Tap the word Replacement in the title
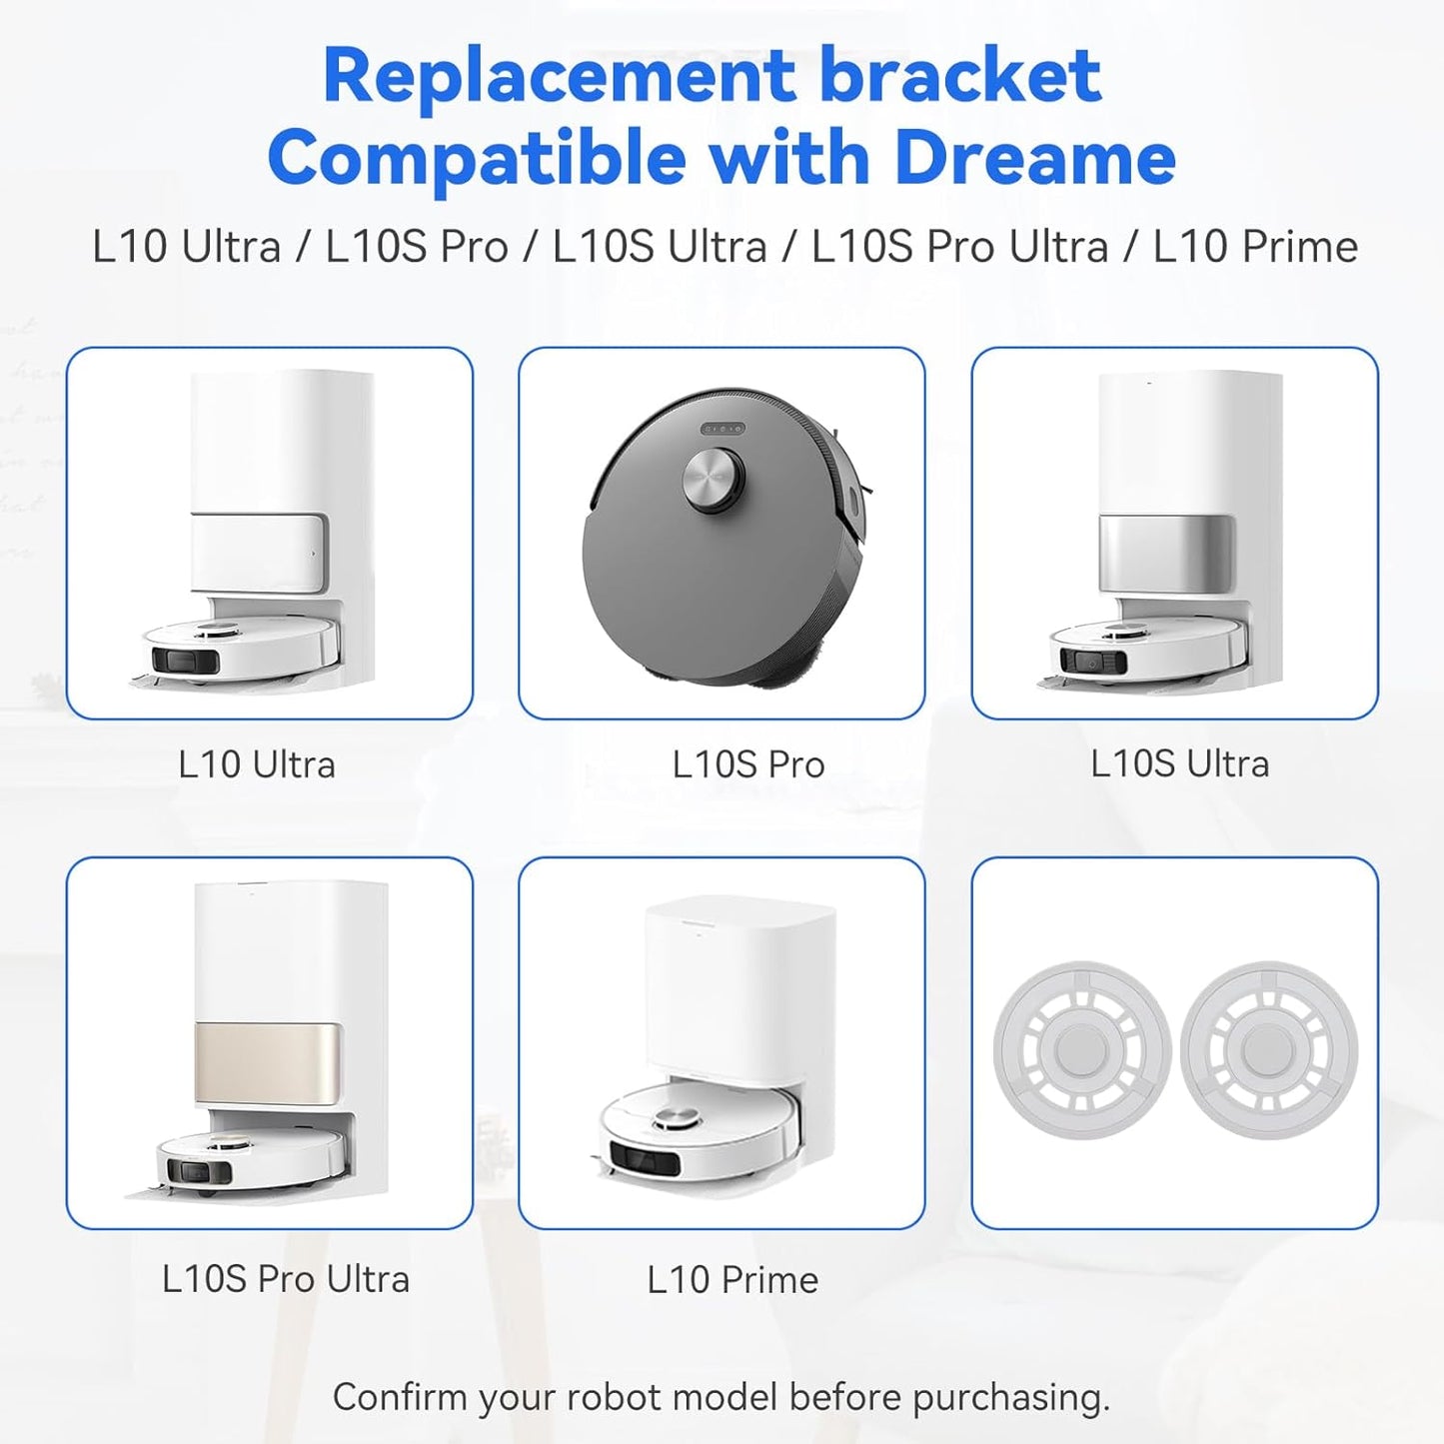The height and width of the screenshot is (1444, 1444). pos(559,76)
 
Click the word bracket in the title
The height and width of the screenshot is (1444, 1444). pos(960,76)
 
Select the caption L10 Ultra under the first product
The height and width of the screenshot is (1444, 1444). pos(257,764)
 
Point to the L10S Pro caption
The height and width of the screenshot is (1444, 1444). pos(748,764)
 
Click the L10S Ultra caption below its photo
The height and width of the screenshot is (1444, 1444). pos(1179,763)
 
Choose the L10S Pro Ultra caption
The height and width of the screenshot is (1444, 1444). pos(286,1279)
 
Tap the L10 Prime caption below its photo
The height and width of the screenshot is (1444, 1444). pos(732,1279)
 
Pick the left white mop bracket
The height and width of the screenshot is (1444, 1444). pos(1082,1051)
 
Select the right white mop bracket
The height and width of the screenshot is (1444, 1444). pos(1269,1051)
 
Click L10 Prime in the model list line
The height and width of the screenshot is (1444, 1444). pos(1255,246)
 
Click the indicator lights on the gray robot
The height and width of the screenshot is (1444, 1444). pos(722,429)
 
